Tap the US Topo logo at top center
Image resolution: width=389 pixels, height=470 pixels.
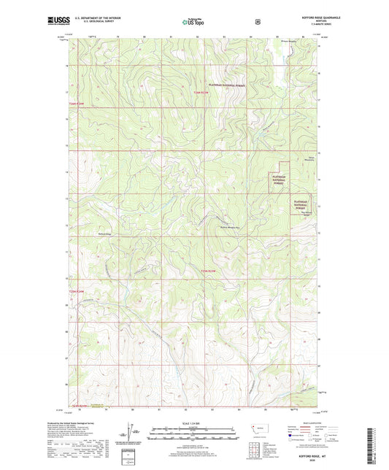click(x=193, y=22)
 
